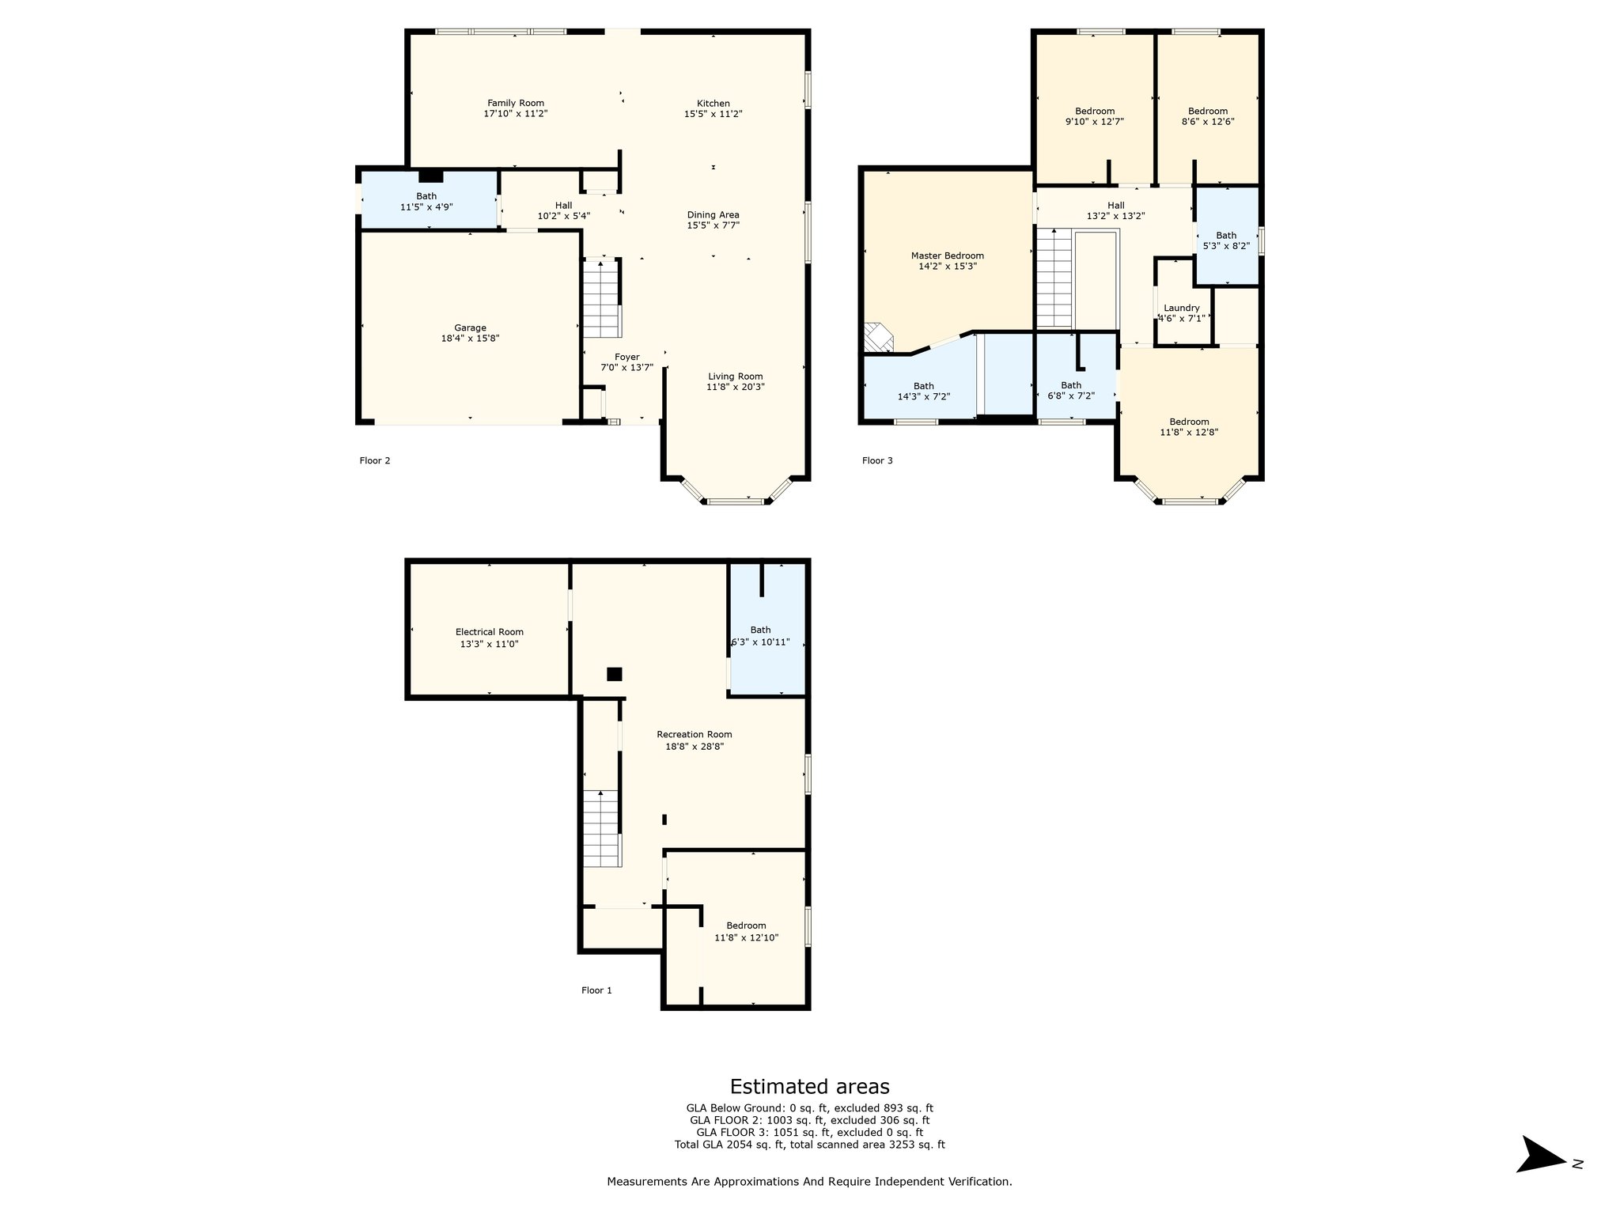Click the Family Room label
click(x=515, y=103)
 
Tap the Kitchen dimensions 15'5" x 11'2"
click(x=713, y=114)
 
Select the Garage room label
click(x=470, y=327)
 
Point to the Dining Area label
click(x=713, y=214)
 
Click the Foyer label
click(x=627, y=357)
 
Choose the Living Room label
click(x=735, y=377)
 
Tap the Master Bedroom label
click(x=947, y=255)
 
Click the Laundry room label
click(x=1182, y=308)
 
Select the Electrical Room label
click(x=489, y=632)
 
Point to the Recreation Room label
click(x=694, y=735)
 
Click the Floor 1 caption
click(x=596, y=990)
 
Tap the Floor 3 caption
click(x=877, y=460)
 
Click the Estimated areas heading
click(x=809, y=1086)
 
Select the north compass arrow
click(x=1541, y=1176)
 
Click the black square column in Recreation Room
click(x=614, y=674)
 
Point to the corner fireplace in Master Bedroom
click(x=877, y=338)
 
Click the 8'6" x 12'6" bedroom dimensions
click(x=1207, y=122)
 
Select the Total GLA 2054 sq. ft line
click(x=809, y=1145)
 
